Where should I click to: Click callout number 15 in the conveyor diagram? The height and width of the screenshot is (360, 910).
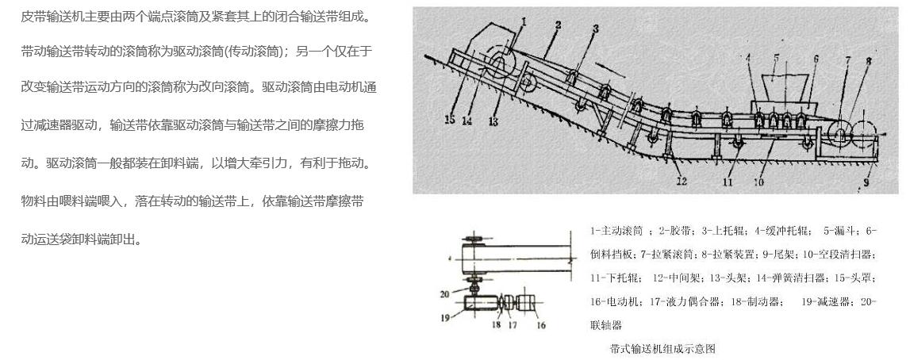[450, 121]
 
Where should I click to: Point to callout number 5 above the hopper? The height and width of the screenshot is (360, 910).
[776, 57]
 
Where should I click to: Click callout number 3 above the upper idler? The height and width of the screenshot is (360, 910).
[595, 29]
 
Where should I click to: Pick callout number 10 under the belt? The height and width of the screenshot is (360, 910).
[759, 182]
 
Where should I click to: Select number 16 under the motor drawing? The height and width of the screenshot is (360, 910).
[541, 324]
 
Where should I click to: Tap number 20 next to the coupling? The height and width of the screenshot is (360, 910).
[445, 294]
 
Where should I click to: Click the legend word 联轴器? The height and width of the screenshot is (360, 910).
[606, 325]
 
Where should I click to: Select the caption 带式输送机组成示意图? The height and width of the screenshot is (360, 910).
[662, 349]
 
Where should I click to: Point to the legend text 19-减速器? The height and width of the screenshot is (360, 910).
[827, 302]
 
